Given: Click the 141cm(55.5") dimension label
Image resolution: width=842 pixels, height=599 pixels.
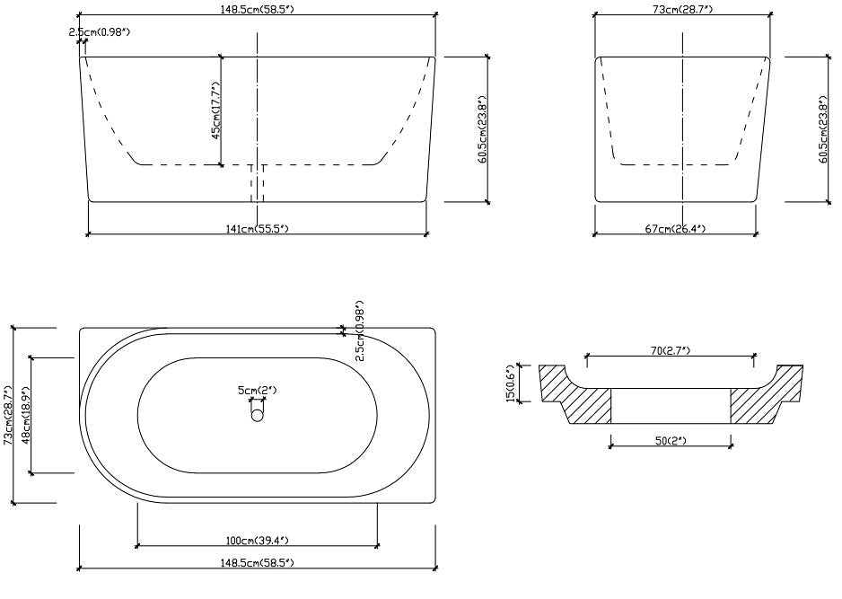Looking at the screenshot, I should tap(257, 229).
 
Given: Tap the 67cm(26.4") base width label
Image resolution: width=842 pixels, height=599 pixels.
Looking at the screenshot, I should tap(674, 229).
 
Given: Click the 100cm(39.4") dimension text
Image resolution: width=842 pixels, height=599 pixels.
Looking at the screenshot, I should tap(257, 540).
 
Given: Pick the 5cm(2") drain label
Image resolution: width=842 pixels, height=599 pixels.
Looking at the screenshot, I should tap(257, 390).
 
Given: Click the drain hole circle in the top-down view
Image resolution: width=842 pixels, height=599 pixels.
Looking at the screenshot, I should tap(258, 415).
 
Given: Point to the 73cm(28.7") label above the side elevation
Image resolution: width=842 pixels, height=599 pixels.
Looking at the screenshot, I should tap(683, 10).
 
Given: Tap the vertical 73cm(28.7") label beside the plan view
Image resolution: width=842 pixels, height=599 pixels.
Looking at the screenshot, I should tap(8, 416).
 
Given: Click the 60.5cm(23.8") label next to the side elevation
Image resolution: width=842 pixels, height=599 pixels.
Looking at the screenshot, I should tap(823, 129).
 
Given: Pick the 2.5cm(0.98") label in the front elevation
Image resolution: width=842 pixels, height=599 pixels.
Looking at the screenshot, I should tap(100, 32).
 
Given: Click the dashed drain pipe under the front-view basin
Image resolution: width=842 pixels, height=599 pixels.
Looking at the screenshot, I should tap(257, 183).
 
